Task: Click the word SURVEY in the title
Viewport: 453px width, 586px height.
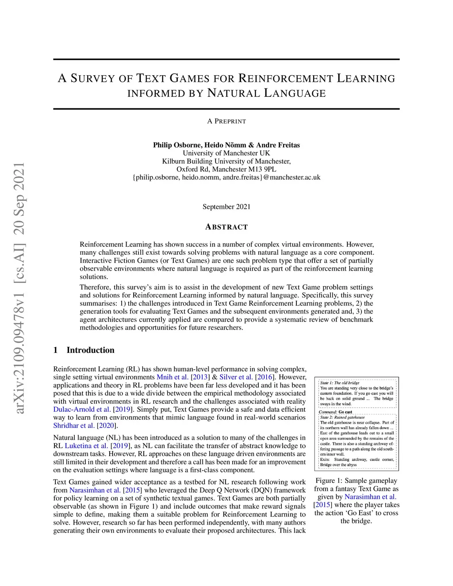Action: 92,79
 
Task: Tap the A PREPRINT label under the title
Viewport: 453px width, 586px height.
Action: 226,121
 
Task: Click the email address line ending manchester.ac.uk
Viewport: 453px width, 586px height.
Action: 226,177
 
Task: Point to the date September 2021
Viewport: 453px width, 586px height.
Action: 226,207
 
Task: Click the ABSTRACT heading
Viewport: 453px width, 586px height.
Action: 226,227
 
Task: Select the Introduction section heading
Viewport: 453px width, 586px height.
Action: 90,350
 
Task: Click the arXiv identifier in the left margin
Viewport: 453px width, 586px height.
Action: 19,287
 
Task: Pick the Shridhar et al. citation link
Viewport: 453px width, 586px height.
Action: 74,425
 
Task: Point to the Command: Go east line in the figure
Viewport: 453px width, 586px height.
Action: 336,412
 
